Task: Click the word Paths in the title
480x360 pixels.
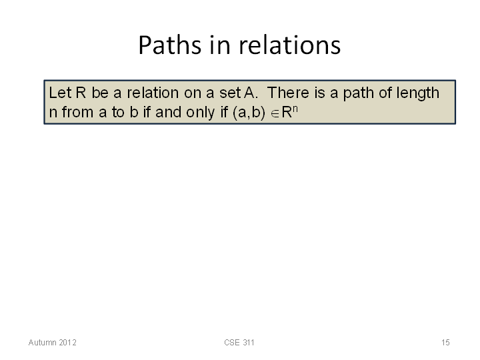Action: click(x=170, y=45)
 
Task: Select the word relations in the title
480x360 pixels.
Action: click(x=289, y=45)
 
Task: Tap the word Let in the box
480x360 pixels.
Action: click(x=60, y=93)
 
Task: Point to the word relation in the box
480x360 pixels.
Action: click(x=153, y=93)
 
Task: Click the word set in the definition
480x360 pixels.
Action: click(x=231, y=93)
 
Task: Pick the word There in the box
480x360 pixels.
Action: click(x=288, y=93)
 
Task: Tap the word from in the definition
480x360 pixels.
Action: click(x=77, y=112)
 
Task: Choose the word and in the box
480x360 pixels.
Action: click(x=168, y=112)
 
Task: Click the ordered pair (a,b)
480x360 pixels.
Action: click(x=249, y=113)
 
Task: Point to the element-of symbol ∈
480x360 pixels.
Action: click(x=275, y=114)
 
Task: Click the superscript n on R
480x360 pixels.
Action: click(x=295, y=109)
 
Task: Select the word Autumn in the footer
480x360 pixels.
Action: click(x=41, y=343)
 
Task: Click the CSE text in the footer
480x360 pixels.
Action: click(x=232, y=343)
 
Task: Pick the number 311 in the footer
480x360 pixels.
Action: click(x=248, y=343)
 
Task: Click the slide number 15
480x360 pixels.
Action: click(x=445, y=343)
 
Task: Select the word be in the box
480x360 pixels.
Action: click(x=100, y=93)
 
